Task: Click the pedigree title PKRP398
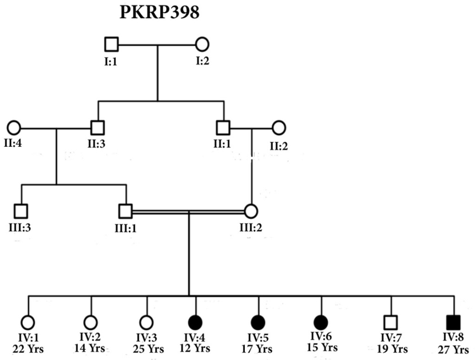pyautogui.click(x=157, y=13)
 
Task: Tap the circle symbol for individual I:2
pyautogui.click(x=202, y=44)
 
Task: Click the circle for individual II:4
pyautogui.click(x=14, y=127)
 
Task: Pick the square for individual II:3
pyautogui.click(x=98, y=127)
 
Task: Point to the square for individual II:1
pyautogui.click(x=222, y=127)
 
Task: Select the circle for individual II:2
pyautogui.click(x=279, y=127)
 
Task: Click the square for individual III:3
pyautogui.click(x=21, y=210)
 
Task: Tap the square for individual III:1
pyautogui.click(x=125, y=210)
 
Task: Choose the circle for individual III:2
pyautogui.click(x=251, y=210)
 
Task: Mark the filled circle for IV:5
pyautogui.click(x=258, y=322)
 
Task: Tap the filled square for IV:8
pyautogui.click(x=454, y=322)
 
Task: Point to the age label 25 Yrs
pyautogui.click(x=147, y=349)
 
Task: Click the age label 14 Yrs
pyautogui.click(x=91, y=349)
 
